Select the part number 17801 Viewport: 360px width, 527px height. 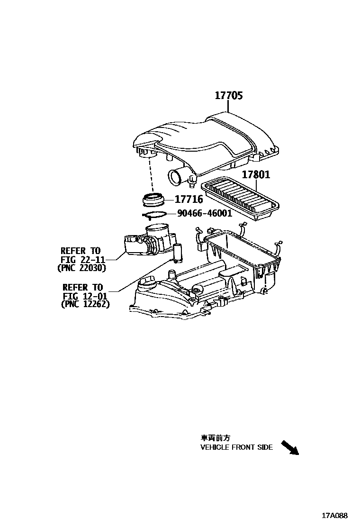tap(256, 175)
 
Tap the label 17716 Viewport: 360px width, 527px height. tap(189, 200)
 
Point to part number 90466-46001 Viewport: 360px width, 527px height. tap(204, 214)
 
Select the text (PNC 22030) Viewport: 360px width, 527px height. tap(81, 268)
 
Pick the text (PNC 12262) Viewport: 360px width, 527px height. tap(85, 305)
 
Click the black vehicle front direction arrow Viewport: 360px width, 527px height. tap(290, 447)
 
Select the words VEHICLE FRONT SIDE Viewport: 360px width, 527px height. tap(236, 447)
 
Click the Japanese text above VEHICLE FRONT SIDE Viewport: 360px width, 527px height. tap(215, 438)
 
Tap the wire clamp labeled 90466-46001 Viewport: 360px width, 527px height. tap(154, 215)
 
